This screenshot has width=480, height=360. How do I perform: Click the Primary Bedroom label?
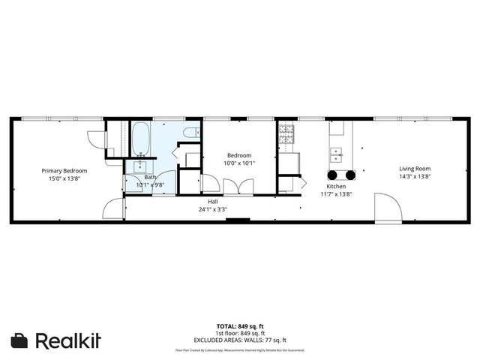pos(64,170)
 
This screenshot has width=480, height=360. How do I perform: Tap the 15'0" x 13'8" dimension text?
pos(64,178)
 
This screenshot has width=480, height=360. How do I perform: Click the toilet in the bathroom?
pos(191,133)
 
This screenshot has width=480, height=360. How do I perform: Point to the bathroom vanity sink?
pos(140,166)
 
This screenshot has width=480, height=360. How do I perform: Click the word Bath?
pos(151,177)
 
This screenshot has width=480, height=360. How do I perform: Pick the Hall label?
pos(213,201)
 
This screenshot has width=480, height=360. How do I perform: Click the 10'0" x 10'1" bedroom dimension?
pos(240,163)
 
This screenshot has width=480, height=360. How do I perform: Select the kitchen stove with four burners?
pos(286,134)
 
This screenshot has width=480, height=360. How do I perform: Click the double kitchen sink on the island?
pos(337,155)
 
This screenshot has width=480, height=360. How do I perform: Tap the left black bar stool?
pos(331,175)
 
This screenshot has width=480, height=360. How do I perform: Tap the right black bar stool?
pos(349,175)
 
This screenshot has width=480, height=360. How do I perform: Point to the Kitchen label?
pos(335,186)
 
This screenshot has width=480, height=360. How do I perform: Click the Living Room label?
pos(414,169)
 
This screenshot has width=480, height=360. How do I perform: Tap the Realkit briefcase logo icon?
pos(20,340)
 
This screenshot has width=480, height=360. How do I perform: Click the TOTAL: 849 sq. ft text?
pos(240,326)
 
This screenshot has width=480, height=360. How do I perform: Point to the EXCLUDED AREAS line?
pos(240,338)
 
